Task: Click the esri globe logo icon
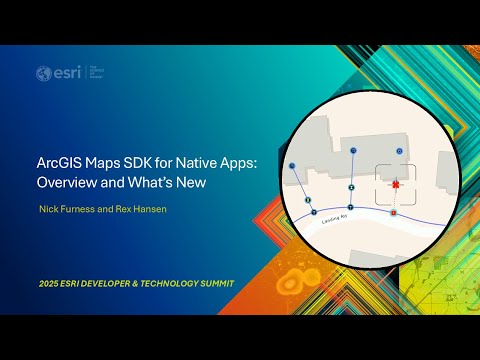[43, 73]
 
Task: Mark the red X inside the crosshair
[396, 185]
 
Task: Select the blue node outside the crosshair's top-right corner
[399, 150]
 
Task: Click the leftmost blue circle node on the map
[291, 164]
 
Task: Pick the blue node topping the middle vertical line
[353, 150]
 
